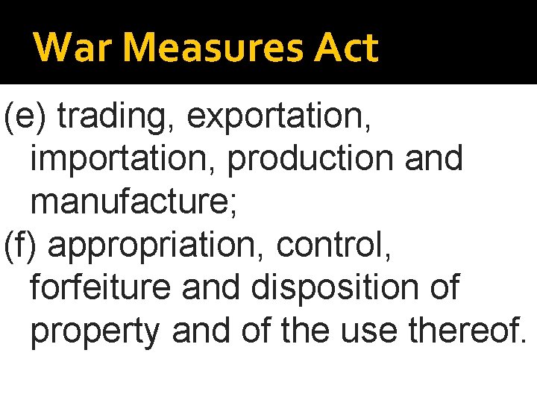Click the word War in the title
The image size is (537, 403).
[x=61, y=48]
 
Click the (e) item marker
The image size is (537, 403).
[x=25, y=116]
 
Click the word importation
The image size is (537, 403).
[x=123, y=158]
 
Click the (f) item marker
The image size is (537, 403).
[x=22, y=246]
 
